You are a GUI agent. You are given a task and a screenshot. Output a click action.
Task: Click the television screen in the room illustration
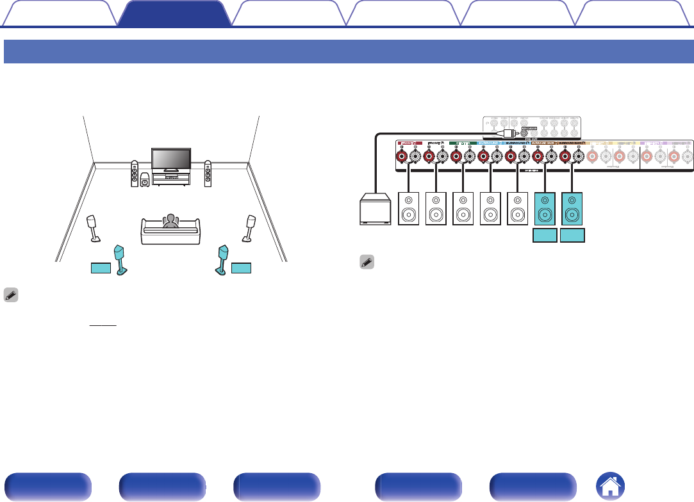click(170, 159)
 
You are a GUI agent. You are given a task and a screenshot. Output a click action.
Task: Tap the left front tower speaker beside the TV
click(134, 173)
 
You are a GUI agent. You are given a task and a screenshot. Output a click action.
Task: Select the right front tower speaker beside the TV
click(208, 173)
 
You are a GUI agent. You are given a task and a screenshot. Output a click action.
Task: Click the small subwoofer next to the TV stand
click(146, 181)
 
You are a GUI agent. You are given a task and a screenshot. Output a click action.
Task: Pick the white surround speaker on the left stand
click(93, 224)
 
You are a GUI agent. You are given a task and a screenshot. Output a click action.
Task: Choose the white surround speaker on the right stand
click(249, 224)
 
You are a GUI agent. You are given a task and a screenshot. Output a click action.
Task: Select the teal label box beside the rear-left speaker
click(100, 268)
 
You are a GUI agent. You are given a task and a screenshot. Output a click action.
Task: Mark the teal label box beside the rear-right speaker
click(242, 268)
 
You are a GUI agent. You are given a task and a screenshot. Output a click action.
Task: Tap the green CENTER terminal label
click(463, 143)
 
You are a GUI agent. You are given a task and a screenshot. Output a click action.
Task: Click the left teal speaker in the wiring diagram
click(545, 209)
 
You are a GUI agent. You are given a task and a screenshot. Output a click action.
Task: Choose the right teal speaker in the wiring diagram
click(572, 209)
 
